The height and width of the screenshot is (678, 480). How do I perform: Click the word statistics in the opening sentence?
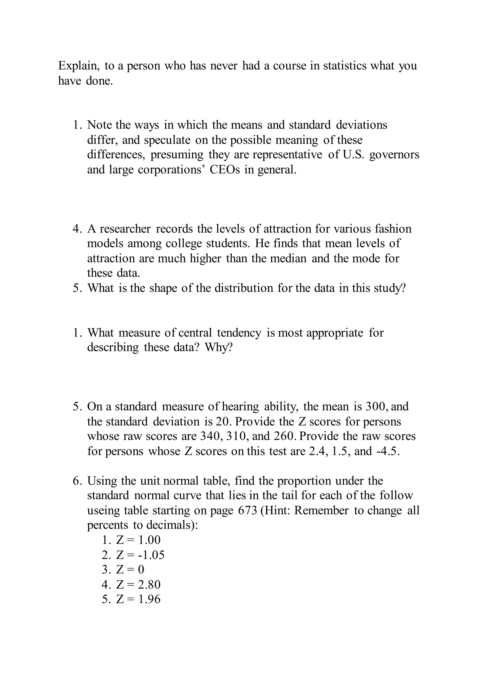[x=345, y=66]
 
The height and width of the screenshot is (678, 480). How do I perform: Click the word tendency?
[x=239, y=333]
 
